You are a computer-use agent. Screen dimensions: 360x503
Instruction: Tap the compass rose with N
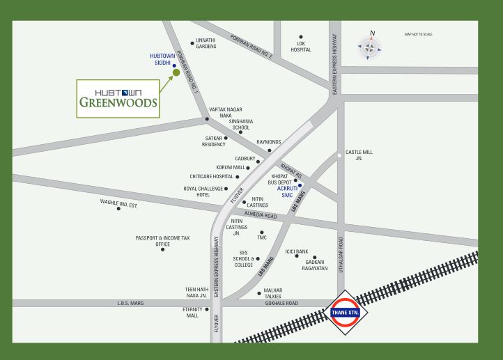click(370, 48)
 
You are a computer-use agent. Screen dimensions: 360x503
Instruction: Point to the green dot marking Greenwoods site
click(176, 72)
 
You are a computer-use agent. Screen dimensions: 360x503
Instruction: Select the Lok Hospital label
click(301, 47)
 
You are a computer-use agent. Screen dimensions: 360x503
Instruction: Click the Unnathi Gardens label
click(206, 43)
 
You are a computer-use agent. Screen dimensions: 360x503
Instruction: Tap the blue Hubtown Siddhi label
click(162, 59)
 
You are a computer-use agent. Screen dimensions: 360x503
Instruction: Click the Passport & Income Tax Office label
click(163, 241)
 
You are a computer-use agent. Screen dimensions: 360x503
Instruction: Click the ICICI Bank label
click(296, 251)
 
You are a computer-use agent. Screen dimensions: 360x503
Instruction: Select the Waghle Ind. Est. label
click(119, 203)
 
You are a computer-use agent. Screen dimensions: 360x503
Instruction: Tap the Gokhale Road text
click(282, 304)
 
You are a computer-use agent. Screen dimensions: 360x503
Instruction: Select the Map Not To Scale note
click(418, 34)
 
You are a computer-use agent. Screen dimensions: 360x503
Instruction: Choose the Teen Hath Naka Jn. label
click(196, 292)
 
